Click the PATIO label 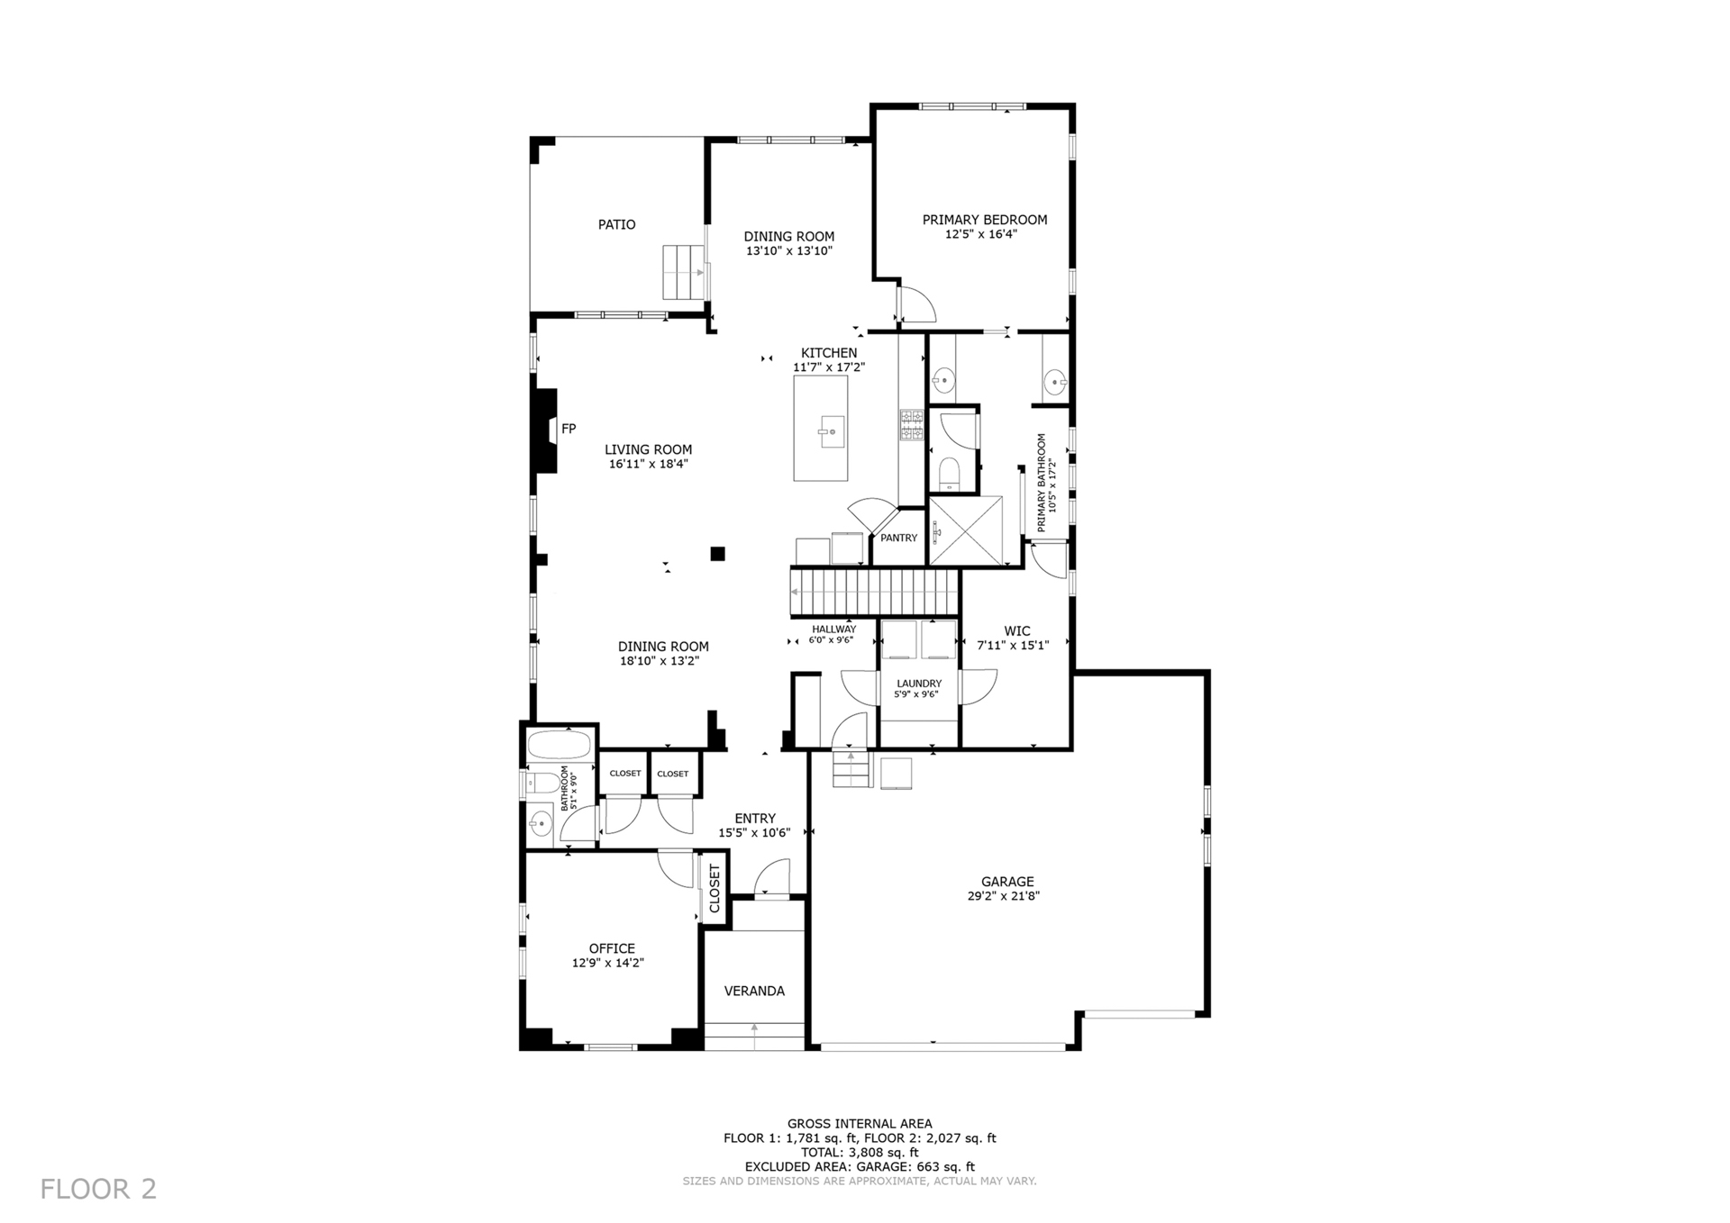pos(616,224)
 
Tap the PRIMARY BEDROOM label pos(984,220)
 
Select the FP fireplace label pos(569,429)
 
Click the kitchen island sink pos(831,431)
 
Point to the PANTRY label pos(898,538)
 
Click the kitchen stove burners pos(911,425)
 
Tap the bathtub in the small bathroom pos(559,746)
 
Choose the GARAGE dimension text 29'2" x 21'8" pos(1007,896)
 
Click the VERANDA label pos(754,991)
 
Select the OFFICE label pos(612,948)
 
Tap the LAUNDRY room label pos(919,684)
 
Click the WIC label pos(1017,631)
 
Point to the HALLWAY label pos(833,630)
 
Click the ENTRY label pos(755,819)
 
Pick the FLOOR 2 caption pos(98,1189)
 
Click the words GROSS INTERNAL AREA pos(860,1123)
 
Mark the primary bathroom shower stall pos(965,530)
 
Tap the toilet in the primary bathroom pos(950,474)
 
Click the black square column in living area pos(718,554)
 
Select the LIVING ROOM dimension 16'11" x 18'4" pos(649,464)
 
